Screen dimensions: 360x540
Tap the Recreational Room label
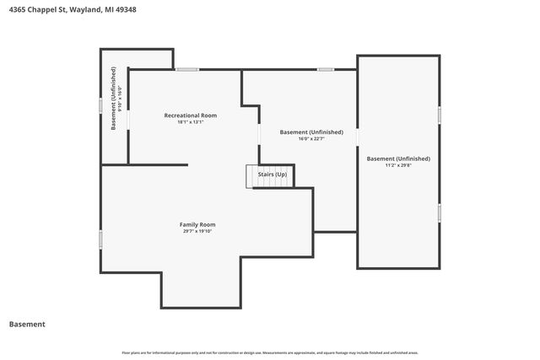coord(190,115)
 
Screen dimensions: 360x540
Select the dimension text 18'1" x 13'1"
coord(190,122)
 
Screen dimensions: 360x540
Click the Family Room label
coord(197,224)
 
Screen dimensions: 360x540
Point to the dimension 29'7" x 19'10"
coord(197,231)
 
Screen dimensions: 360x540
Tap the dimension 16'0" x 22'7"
coord(311,139)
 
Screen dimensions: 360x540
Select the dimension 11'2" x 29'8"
coord(397,165)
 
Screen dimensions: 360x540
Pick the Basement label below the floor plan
coord(27,324)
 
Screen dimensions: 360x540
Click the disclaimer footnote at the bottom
coord(270,352)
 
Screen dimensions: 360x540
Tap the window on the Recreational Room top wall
coord(187,69)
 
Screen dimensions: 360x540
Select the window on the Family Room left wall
coord(101,239)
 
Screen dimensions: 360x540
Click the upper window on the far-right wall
coord(440,114)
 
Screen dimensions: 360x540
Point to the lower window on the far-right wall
coord(440,212)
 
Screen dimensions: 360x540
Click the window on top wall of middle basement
coord(326,69)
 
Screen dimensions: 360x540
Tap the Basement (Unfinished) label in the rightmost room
coord(397,159)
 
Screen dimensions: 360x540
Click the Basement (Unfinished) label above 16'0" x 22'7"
coord(311,132)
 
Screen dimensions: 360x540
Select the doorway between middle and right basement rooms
coord(357,136)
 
